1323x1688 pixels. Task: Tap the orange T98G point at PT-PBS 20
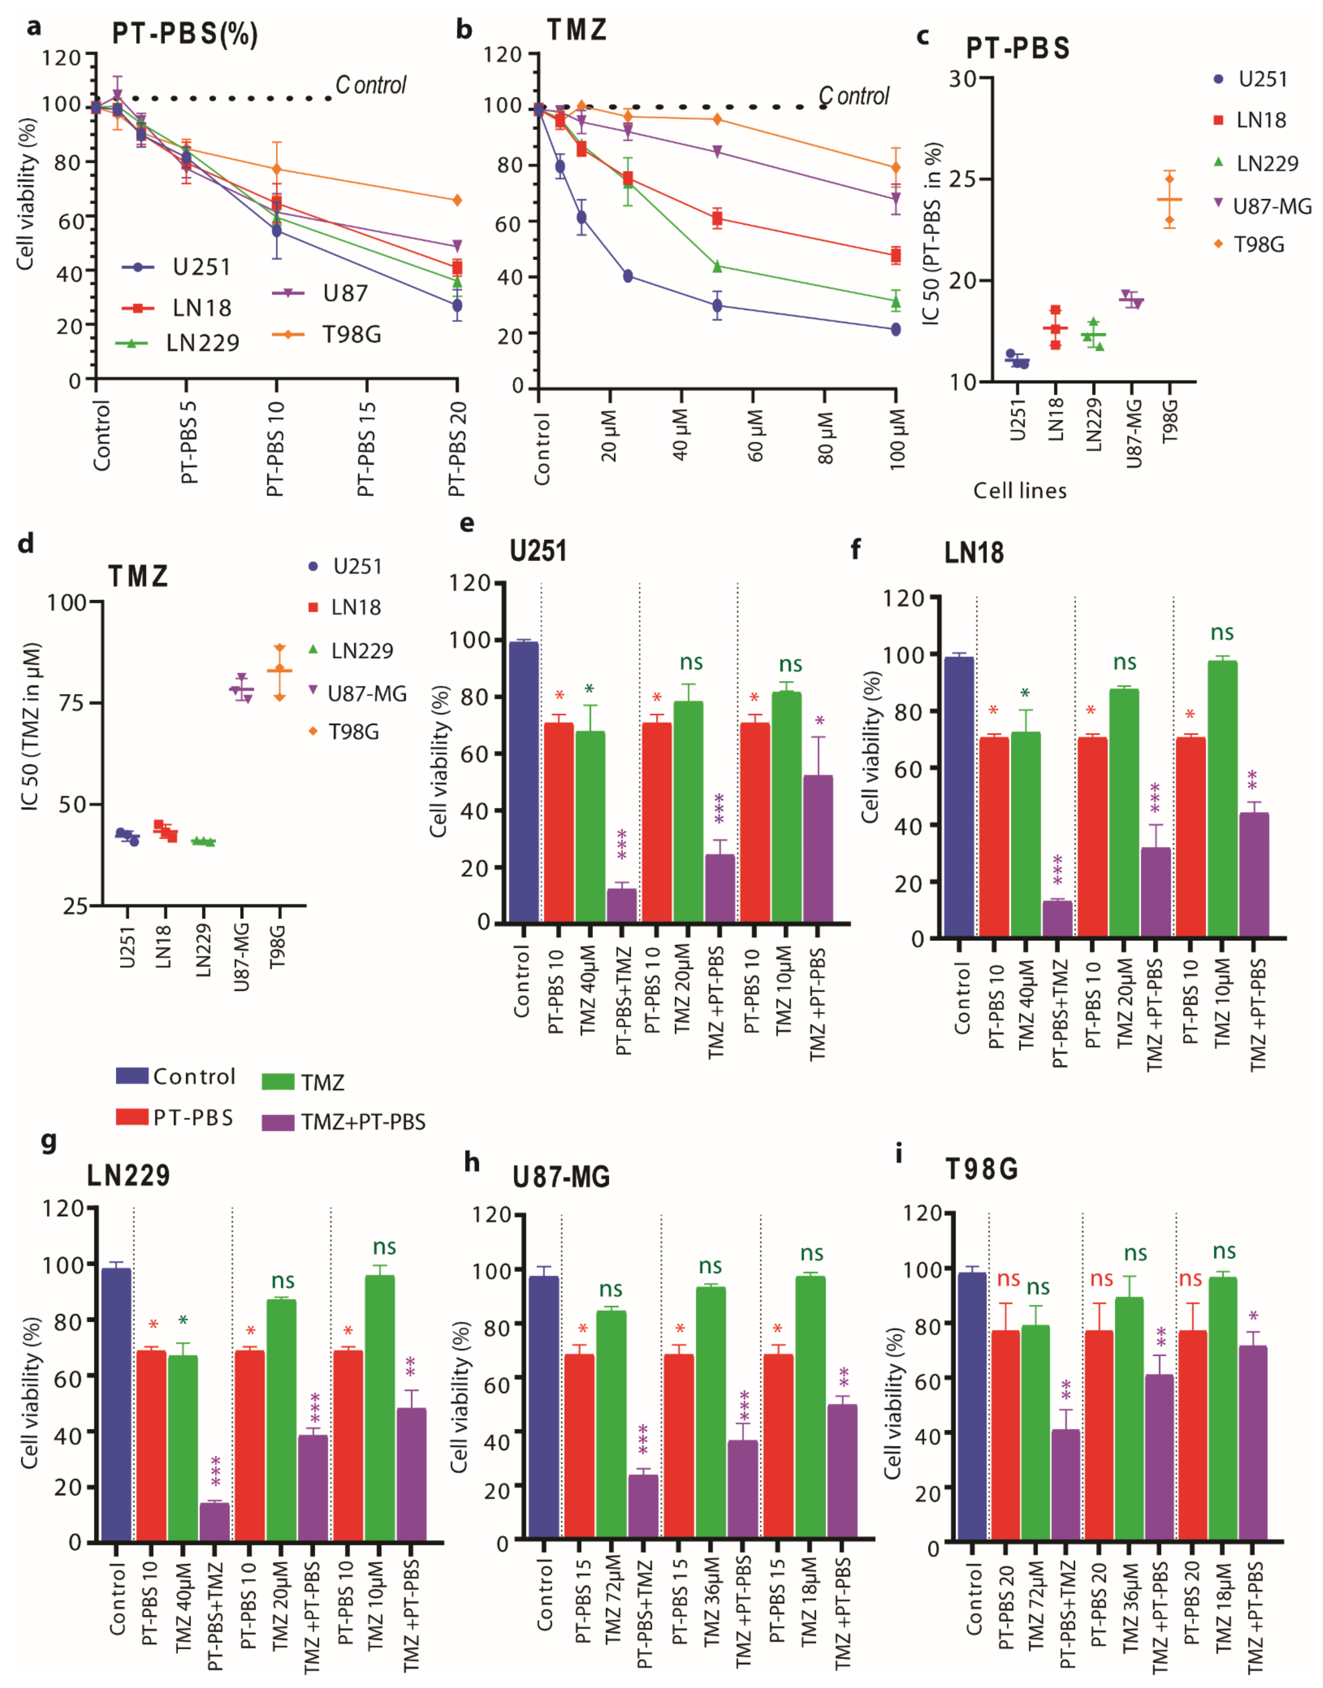pyautogui.click(x=457, y=200)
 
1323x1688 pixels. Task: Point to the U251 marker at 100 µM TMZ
pyautogui.click(x=895, y=329)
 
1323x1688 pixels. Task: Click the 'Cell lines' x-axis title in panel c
pyautogui.click(x=1019, y=491)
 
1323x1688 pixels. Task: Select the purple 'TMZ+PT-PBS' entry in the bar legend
pyautogui.click(x=362, y=1121)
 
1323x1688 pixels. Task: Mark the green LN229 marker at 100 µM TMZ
pyautogui.click(x=895, y=301)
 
